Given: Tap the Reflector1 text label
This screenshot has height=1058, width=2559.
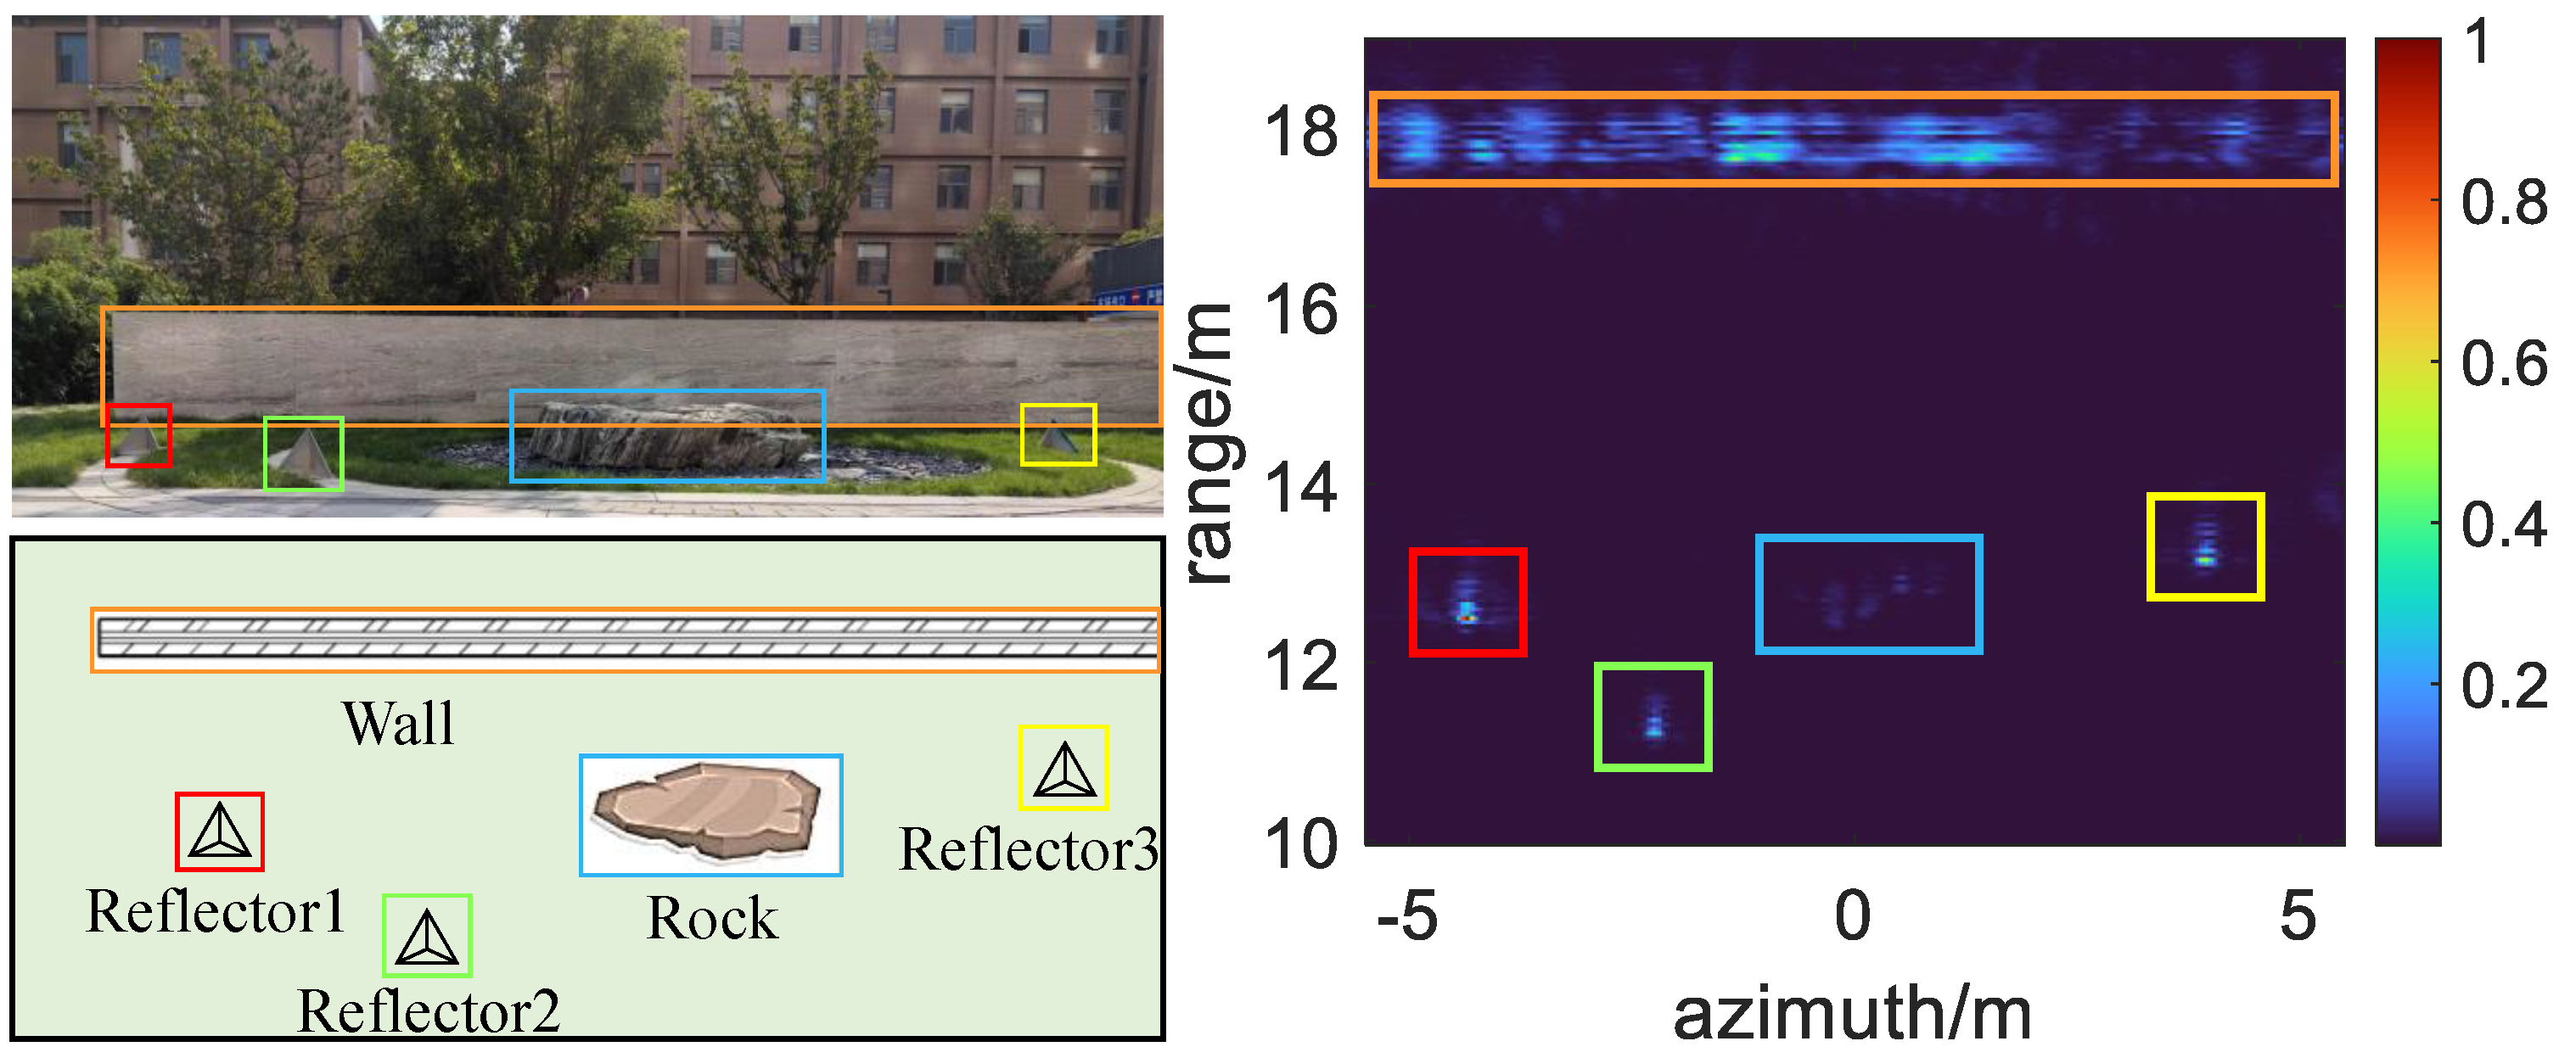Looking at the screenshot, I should tap(216, 911).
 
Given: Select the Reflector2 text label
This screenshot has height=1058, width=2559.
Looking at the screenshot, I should tap(428, 1010).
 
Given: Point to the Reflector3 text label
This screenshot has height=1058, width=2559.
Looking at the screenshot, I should tap(1028, 849).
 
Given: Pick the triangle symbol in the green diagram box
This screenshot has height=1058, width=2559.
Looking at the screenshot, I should tap(426, 937).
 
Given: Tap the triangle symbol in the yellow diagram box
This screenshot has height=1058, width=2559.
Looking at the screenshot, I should tap(1064, 769).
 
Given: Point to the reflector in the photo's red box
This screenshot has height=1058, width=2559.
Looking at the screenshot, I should tap(138, 437).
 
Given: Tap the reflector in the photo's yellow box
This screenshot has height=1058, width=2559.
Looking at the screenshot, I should tap(1056, 436).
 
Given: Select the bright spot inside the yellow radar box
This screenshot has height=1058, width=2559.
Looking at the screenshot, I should tap(2204, 559).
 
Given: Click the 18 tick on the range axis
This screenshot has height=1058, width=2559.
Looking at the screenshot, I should tap(1300, 132).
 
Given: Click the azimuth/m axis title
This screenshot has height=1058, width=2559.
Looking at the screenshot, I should tap(1852, 1014).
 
